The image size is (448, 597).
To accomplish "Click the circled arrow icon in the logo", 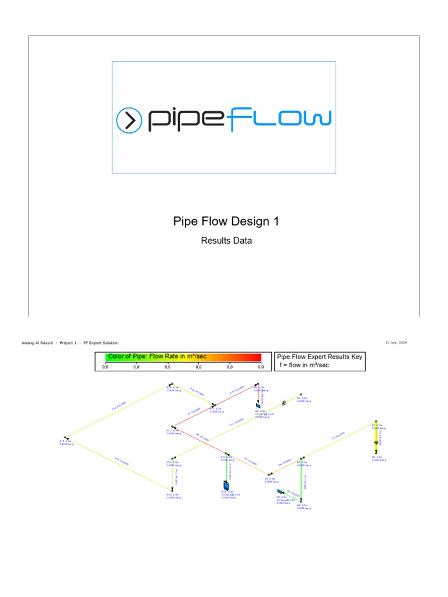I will (129, 120).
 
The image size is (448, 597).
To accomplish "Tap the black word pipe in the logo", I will (185, 120).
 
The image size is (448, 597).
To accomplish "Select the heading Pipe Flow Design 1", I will (226, 222).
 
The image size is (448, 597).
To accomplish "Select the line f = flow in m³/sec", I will (303, 365).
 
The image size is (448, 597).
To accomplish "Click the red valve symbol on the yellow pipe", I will (376, 443).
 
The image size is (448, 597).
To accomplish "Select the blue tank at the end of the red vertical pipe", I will (258, 405).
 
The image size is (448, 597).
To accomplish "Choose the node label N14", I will (170, 494).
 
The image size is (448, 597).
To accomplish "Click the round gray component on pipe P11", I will (283, 402).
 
